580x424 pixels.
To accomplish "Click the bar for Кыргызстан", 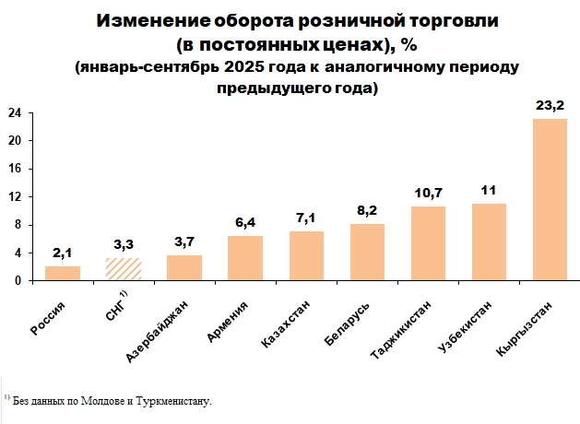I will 550,200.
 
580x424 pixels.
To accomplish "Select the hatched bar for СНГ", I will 123,269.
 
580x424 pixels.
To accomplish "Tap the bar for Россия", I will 63,274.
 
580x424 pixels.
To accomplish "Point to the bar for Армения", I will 244,259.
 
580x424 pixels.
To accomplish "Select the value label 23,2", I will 550,106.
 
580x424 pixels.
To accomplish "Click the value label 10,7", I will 428,194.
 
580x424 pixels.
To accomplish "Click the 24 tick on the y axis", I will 16,112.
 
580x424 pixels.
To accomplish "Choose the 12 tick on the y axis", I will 16,197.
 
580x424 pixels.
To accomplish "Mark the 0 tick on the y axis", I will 19,281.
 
